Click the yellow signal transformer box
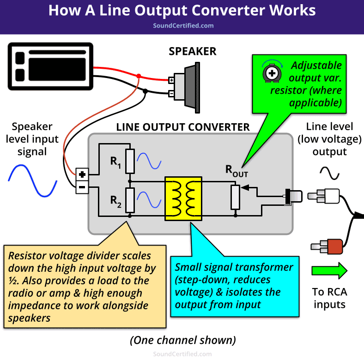pyautogui.click(x=183, y=198)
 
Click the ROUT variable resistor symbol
pyautogui.click(x=235, y=197)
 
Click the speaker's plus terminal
pyautogui.click(x=171, y=80)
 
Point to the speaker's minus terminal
pyautogui.click(x=171, y=94)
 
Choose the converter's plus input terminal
pyautogui.click(x=82, y=175)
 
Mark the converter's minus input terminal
pyautogui.click(x=82, y=187)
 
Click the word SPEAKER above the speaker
pyautogui.click(x=192, y=51)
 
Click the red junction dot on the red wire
pyautogui.click(x=139, y=76)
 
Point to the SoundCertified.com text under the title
pyautogui.click(x=183, y=26)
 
